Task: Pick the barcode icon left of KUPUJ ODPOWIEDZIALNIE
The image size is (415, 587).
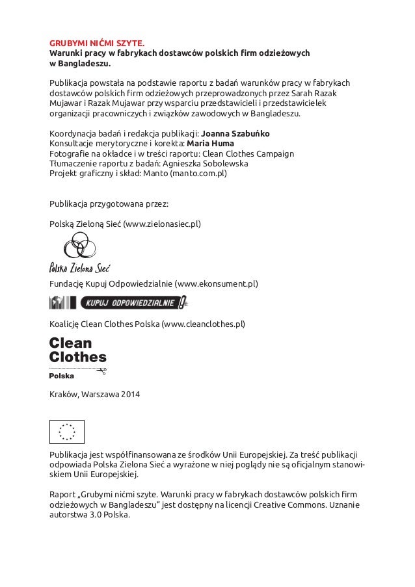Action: click(x=64, y=302)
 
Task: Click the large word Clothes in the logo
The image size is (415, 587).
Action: click(x=78, y=357)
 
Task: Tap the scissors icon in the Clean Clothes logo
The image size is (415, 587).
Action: click(x=101, y=371)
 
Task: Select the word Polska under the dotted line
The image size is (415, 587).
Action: click(x=62, y=376)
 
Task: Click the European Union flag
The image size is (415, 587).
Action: click(x=67, y=430)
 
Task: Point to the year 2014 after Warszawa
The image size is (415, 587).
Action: click(x=129, y=395)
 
